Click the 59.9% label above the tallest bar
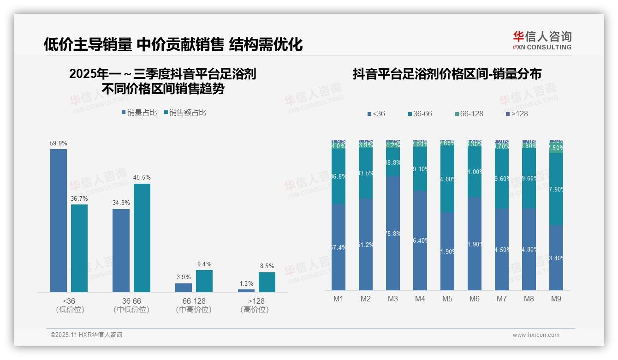[x=59, y=144]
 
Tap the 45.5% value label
[x=142, y=178]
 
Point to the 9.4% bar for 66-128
[x=204, y=281]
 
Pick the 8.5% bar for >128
[x=267, y=282]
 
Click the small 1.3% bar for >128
[x=246, y=290]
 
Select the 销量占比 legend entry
[x=139, y=113]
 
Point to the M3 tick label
[x=392, y=299]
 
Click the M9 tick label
[x=556, y=299]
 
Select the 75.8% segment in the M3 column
[x=393, y=233]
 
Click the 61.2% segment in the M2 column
[x=366, y=244]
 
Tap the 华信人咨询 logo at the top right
[x=542, y=40]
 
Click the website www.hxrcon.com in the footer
[x=536, y=335]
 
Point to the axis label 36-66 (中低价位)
[x=131, y=305]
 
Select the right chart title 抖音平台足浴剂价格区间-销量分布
[x=447, y=74]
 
